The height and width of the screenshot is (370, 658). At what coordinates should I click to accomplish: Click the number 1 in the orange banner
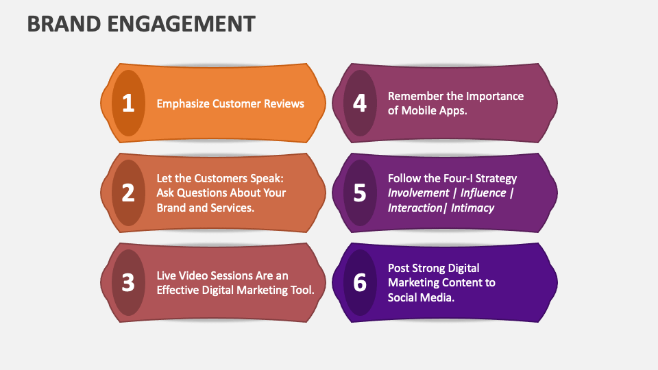pyautogui.click(x=128, y=103)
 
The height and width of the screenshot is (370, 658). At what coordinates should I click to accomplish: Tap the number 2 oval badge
pyautogui.click(x=128, y=193)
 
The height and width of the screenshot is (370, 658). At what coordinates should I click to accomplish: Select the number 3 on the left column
pyautogui.click(x=128, y=282)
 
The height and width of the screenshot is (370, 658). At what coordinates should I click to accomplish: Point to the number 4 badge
pyautogui.click(x=360, y=103)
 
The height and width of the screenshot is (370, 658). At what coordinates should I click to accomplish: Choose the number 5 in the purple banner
pyautogui.click(x=360, y=193)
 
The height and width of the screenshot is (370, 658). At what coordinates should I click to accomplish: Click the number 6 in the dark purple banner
pyautogui.click(x=360, y=282)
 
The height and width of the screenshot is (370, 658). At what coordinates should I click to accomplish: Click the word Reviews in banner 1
pyautogui.click(x=284, y=103)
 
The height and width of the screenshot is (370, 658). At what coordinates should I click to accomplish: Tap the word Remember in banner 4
pyautogui.click(x=415, y=96)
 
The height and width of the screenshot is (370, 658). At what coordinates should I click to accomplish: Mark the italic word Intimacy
pyautogui.click(x=473, y=208)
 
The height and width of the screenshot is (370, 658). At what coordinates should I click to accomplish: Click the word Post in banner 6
pyautogui.click(x=400, y=268)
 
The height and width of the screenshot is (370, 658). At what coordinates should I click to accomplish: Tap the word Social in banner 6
pyautogui.click(x=404, y=297)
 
